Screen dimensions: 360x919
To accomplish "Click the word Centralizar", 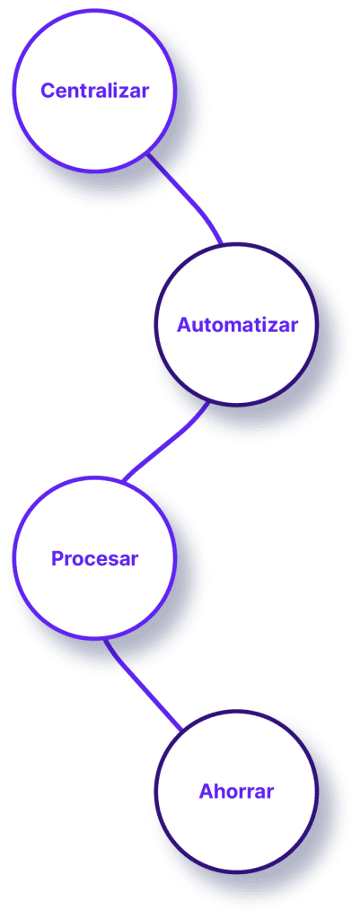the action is [x=94, y=91].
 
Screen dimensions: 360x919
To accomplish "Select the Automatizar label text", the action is [x=238, y=324].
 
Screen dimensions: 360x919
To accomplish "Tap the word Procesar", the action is [x=94, y=558].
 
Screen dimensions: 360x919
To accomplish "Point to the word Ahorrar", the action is [x=236, y=792].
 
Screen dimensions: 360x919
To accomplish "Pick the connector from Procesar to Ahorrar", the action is [x=141, y=685].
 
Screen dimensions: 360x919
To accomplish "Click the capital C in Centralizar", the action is [x=48, y=91].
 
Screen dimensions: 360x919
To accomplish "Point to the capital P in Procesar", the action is [x=57, y=558].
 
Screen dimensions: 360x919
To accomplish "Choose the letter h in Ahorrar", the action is [x=219, y=792].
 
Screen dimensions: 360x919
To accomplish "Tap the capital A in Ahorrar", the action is [x=206, y=792].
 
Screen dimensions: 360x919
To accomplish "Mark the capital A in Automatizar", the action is [x=184, y=324].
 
